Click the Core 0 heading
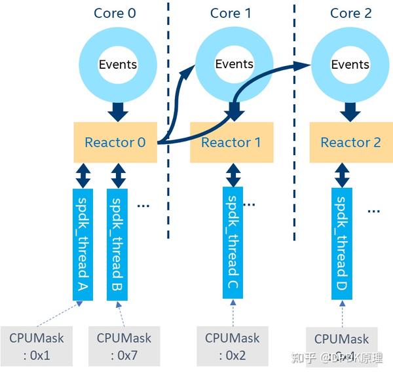coord(115,13)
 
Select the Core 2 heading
coord(350,13)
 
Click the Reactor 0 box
coord(115,142)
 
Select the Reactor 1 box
coord(231,142)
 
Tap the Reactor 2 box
coord(350,142)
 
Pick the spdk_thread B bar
coord(119,244)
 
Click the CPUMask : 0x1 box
coord(37,346)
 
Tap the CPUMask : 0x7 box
coord(124,346)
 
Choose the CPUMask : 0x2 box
coord(232,346)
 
